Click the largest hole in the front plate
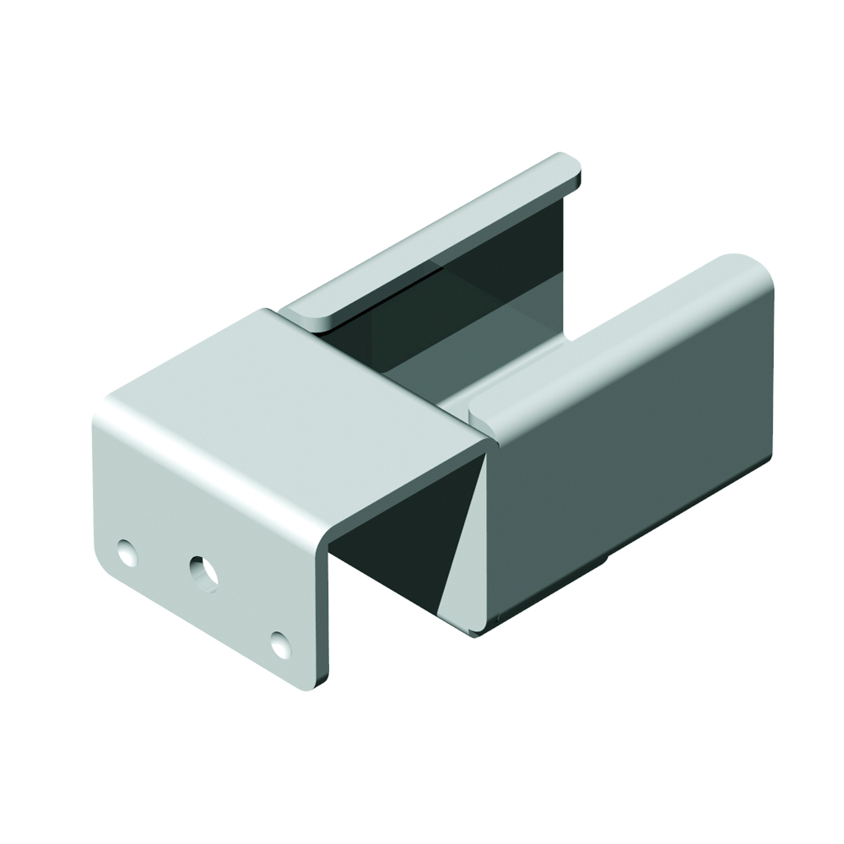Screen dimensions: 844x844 (x=203, y=573)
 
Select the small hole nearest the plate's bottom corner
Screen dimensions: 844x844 (x=280, y=645)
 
